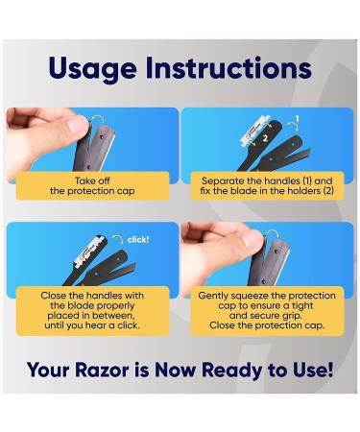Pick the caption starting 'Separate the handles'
point(268,185)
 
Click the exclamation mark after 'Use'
point(330,370)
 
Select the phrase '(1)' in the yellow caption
point(321,179)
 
